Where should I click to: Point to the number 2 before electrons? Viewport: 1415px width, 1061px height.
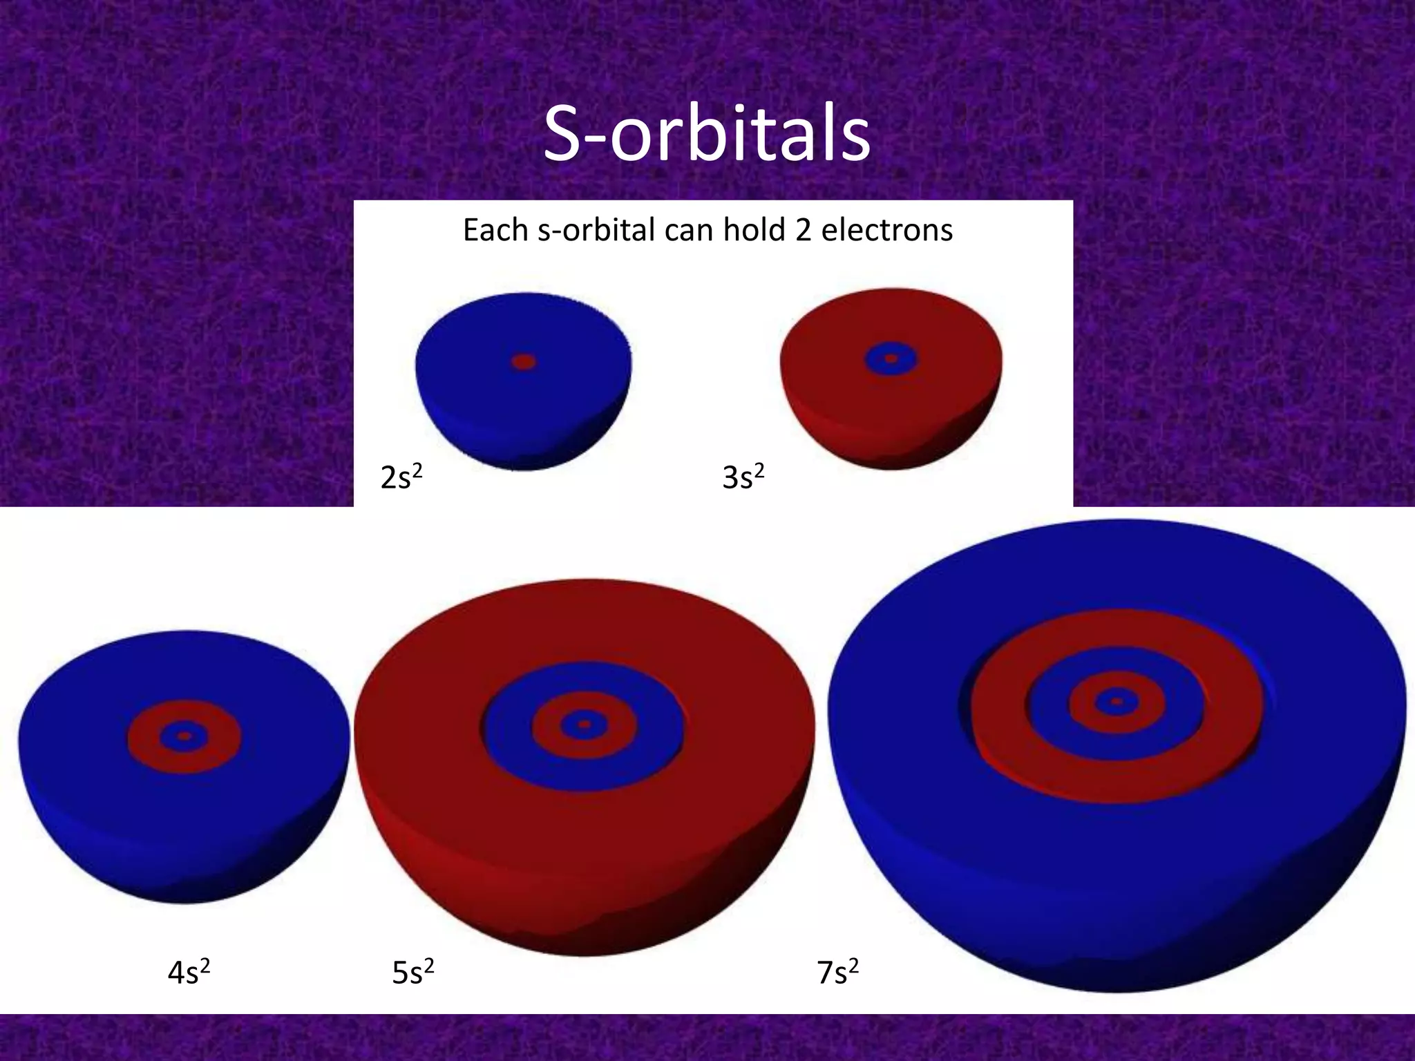[802, 231]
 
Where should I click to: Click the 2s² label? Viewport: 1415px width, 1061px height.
[401, 477]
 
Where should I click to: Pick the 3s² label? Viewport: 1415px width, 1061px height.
[743, 477]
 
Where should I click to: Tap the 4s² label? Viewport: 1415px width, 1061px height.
[188, 973]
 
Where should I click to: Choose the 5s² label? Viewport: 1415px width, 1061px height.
[412, 973]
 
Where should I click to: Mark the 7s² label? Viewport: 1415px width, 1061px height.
[837, 973]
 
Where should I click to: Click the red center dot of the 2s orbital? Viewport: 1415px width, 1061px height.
[524, 361]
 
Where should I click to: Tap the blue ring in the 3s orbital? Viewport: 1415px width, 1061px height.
[875, 359]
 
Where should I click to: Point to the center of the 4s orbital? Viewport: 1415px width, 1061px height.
[184, 736]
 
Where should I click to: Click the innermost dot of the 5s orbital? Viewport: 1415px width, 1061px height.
[584, 725]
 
